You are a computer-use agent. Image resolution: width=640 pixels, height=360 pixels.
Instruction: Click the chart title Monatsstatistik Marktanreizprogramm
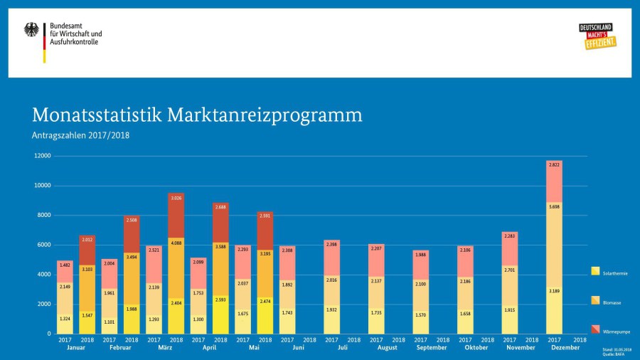click(196, 115)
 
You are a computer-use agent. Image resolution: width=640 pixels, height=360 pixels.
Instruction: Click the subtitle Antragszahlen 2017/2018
click(80, 135)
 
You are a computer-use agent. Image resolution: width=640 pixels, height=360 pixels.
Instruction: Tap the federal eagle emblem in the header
click(32, 30)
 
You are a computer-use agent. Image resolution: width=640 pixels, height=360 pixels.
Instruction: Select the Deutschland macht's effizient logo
click(597, 36)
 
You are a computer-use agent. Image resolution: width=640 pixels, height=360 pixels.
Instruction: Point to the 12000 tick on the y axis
click(42, 156)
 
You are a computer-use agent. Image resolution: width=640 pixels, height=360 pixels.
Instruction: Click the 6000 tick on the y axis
click(43, 245)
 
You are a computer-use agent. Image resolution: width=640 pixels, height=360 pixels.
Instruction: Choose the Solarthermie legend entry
click(595, 272)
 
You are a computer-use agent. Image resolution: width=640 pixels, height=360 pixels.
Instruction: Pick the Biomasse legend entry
click(595, 301)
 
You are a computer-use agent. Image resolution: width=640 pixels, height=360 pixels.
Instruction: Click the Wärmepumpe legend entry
click(595, 330)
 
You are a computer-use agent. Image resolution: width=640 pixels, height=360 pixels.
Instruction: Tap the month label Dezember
click(565, 348)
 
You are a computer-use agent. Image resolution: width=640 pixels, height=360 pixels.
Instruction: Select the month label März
click(165, 348)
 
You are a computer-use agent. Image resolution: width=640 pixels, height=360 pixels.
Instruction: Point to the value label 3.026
click(176, 197)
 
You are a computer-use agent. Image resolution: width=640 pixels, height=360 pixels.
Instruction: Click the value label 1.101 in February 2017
click(110, 322)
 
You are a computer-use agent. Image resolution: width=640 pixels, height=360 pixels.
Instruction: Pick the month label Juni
click(299, 348)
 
